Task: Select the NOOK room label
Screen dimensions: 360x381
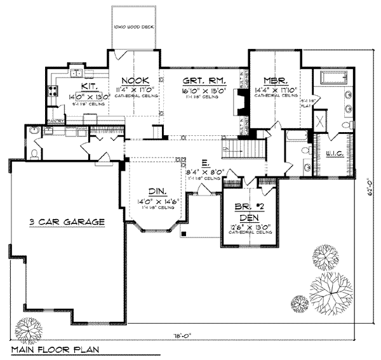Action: coord(135,81)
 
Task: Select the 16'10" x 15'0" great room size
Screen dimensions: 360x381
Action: coord(199,91)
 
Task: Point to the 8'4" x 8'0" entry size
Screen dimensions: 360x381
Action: coord(204,172)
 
